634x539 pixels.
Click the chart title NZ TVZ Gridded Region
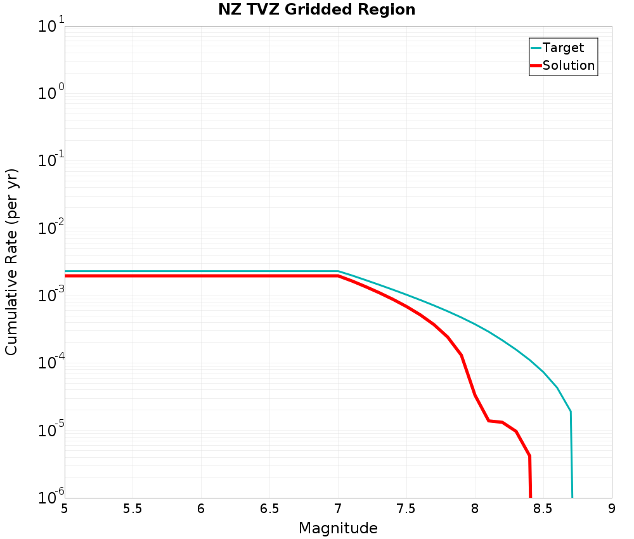point(317,10)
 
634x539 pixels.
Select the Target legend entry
point(563,48)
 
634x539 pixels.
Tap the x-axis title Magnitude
point(338,528)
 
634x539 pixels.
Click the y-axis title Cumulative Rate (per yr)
point(12,262)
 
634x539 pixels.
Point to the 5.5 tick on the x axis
point(133,509)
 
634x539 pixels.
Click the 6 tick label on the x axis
point(201,509)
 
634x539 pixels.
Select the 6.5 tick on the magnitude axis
point(269,509)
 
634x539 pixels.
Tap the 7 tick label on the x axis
point(338,509)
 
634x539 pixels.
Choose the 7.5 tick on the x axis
point(406,509)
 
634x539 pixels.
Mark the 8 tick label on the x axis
point(475,509)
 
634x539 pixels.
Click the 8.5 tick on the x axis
point(543,509)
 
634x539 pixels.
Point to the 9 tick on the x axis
point(612,509)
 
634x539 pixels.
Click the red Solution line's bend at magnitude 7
point(338,276)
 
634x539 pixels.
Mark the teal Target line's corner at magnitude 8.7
point(571,412)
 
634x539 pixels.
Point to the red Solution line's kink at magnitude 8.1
point(488,420)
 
